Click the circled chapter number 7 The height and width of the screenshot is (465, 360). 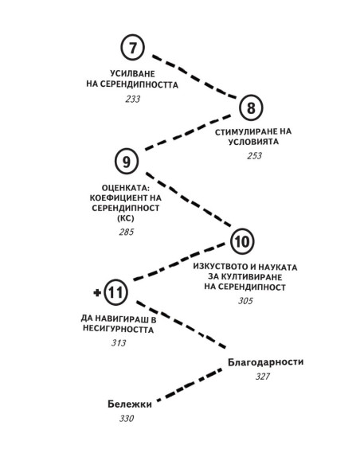coord(132,48)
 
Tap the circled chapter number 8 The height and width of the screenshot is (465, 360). coord(251,107)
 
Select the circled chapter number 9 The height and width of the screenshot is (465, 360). coord(127,162)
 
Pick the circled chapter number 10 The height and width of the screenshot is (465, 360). coord(242,241)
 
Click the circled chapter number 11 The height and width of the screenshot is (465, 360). coord(116,292)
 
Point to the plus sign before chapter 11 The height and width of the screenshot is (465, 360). coord(97,293)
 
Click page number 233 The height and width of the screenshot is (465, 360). coord(132,99)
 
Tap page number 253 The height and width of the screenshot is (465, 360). coord(254,156)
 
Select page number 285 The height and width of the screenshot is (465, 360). coord(127,232)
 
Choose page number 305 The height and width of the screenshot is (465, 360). coord(245,301)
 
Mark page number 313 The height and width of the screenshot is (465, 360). coord(119,343)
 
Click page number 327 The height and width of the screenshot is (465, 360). coord(263,377)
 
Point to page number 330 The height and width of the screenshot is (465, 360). coord(127,419)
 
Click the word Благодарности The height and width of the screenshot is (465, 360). coord(266,362)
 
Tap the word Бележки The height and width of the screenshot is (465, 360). coord(130,404)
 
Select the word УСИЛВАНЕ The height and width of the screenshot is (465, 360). coord(132,73)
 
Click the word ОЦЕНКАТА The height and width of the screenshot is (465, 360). coord(126,188)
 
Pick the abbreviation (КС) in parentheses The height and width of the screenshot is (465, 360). coord(126,218)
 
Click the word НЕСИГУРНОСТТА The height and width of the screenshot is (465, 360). coord(118,329)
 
